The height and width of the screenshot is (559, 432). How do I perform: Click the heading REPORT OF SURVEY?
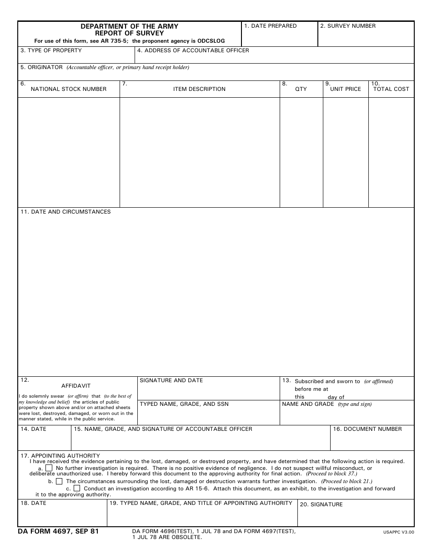[129, 33]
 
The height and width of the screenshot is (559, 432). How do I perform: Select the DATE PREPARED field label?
[270, 26]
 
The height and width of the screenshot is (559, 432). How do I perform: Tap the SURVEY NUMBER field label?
[348, 26]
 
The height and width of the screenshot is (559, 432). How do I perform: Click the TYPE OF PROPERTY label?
[51, 50]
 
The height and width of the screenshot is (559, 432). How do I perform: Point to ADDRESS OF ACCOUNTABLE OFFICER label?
[193, 50]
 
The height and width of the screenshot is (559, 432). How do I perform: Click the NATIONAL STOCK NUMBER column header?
[69, 89]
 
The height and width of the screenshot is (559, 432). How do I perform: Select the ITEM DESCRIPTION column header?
[199, 89]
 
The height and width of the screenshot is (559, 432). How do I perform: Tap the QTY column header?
[301, 89]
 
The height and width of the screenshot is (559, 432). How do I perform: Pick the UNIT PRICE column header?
[346, 89]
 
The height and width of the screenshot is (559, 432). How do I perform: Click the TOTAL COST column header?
[391, 89]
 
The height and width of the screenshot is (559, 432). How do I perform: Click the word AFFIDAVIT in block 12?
[76, 386]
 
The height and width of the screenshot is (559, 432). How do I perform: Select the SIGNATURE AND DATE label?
[171, 380]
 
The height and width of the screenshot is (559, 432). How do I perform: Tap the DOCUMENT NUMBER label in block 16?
[367, 429]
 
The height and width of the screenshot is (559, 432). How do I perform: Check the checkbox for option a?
[49, 468]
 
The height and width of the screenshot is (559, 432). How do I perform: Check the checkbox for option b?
[59, 481]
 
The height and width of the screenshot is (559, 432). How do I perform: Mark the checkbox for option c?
[77, 489]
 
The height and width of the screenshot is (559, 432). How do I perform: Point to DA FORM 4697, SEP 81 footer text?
[58, 531]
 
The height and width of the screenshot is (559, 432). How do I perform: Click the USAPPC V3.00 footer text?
[398, 531]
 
